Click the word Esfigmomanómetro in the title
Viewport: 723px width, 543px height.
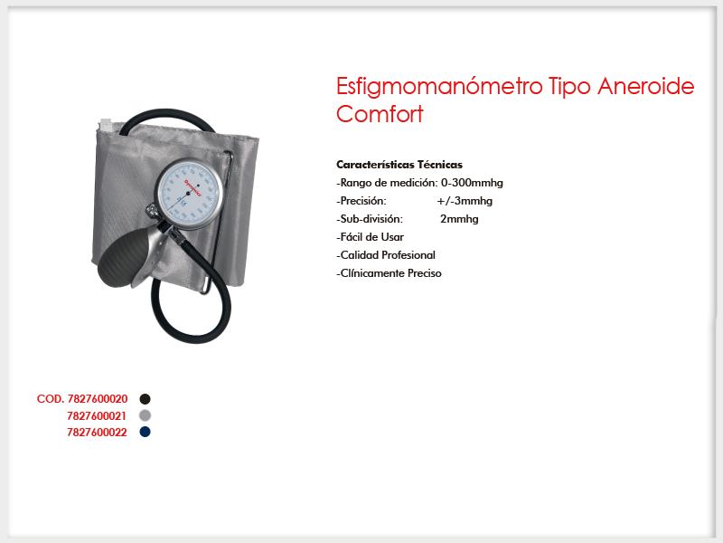439,87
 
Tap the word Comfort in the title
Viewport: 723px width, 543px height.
380,114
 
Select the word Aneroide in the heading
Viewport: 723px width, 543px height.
645,86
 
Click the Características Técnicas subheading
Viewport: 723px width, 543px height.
399,165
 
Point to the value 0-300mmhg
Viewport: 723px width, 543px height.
472,183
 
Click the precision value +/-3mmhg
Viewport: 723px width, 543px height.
465,201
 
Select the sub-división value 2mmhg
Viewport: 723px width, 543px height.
459,219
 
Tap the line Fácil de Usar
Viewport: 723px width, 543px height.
371,237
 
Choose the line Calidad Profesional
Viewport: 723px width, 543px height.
386,255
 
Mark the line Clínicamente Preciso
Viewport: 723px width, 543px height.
390,273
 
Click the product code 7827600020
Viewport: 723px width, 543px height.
98,399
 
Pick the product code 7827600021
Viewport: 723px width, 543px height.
97,416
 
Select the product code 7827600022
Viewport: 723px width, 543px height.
97,433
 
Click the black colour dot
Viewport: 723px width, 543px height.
145,399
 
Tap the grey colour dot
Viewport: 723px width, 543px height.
145,415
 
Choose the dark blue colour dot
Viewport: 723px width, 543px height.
145,432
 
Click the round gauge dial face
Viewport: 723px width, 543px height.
190,194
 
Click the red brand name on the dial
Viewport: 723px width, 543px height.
193,188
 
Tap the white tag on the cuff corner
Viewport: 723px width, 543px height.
106,125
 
